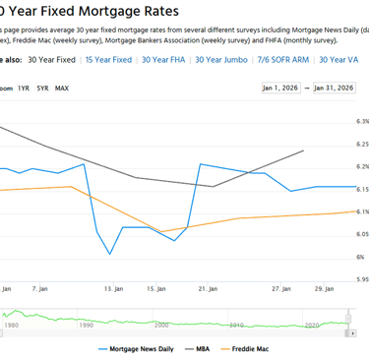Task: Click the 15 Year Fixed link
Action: coord(108,60)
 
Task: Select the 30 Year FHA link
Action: coord(163,60)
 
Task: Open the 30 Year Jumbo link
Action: coord(222,60)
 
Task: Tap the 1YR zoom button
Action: coord(24,89)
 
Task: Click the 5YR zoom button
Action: coord(42,89)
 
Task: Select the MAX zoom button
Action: coord(62,89)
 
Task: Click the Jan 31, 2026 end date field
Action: coord(333,89)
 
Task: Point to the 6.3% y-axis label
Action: coord(361,121)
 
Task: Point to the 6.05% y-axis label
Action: coord(359,234)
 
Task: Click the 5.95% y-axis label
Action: coord(359,279)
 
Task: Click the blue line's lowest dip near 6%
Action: coord(110,254)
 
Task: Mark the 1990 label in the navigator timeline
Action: coord(86,324)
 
